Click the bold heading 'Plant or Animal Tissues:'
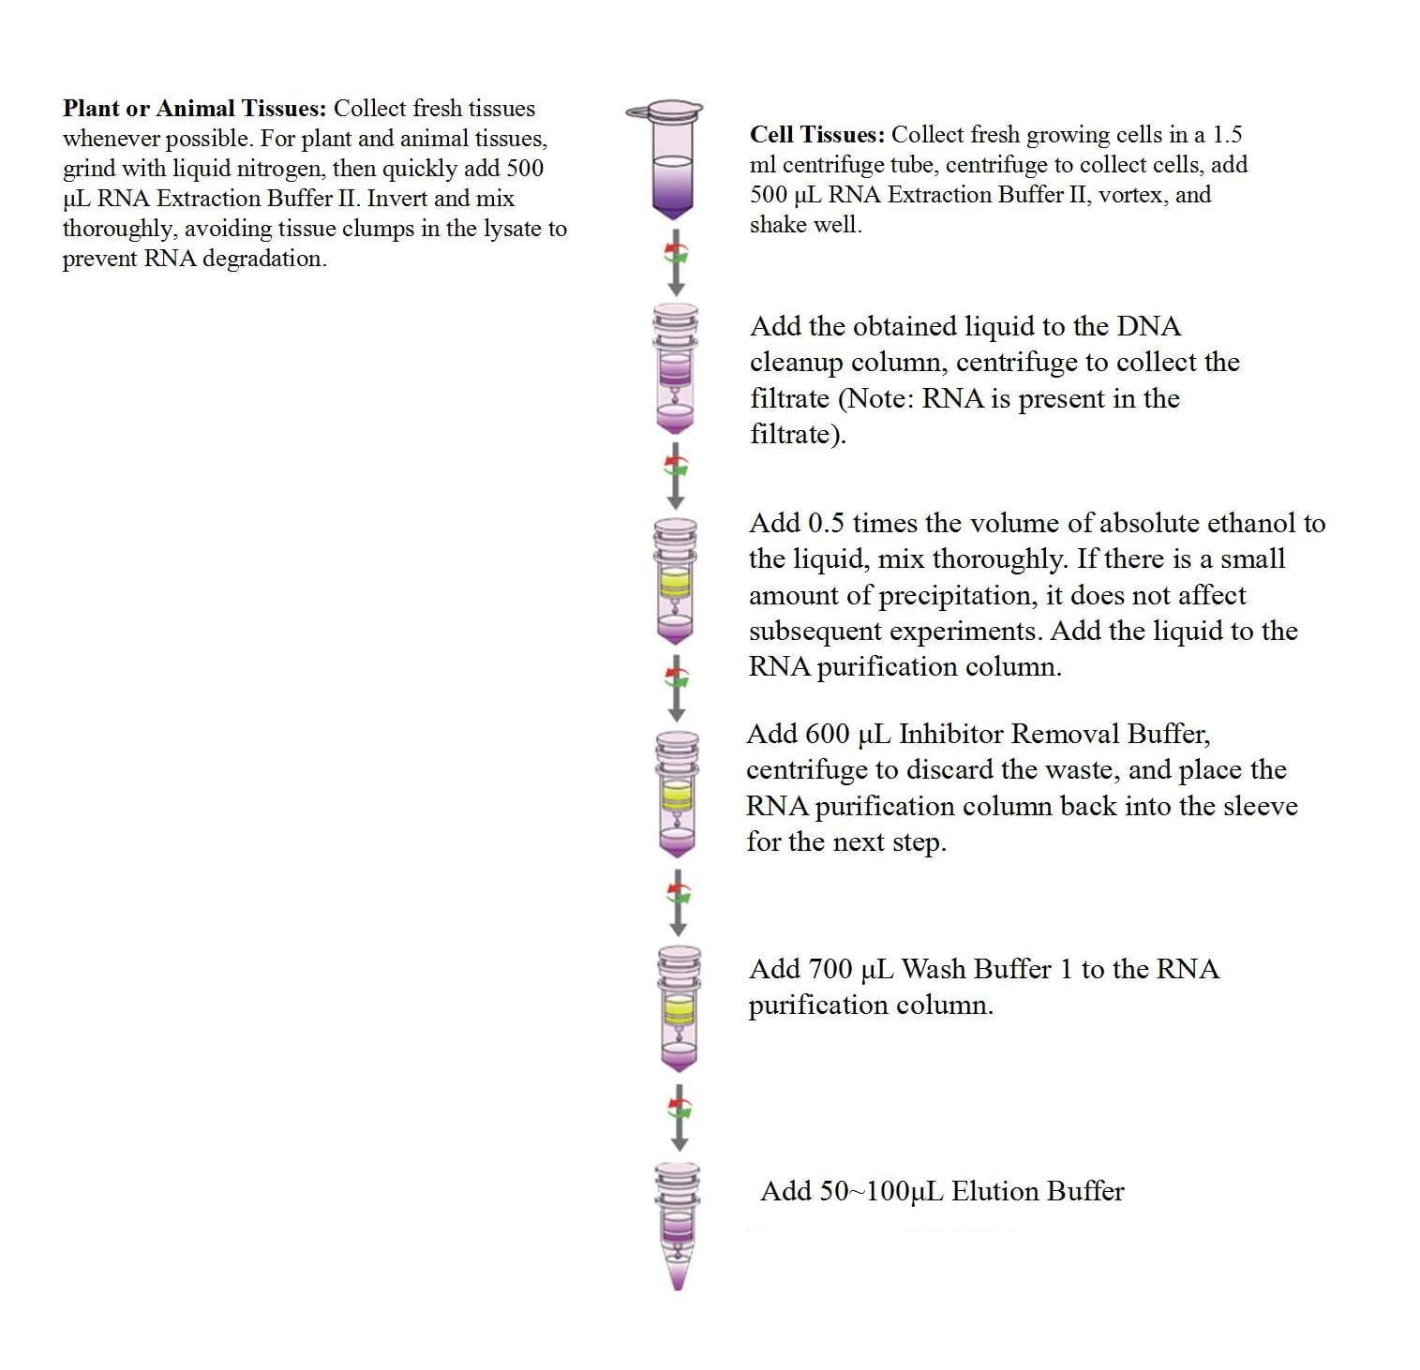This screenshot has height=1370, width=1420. [194, 109]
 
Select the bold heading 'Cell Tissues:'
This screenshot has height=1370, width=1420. [816, 135]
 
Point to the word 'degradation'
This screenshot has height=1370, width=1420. [262, 259]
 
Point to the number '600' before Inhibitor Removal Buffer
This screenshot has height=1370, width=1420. [827, 734]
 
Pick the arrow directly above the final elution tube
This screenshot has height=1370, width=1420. [680, 1117]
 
